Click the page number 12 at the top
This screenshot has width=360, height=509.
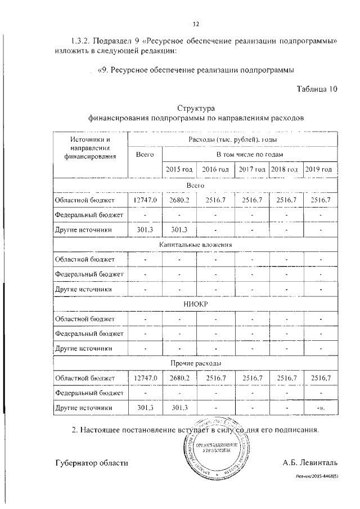[x=196, y=24]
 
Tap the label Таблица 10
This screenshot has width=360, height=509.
[x=316, y=89]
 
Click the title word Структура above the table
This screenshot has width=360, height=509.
[x=196, y=109]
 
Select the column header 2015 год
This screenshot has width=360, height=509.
[x=179, y=169]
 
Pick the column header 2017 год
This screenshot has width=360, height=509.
[x=251, y=169]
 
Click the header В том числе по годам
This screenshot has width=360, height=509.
[x=250, y=154]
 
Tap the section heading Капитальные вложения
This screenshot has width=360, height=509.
[x=195, y=245]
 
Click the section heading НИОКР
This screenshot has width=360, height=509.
[x=195, y=304]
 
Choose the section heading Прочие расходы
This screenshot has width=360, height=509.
[x=195, y=363]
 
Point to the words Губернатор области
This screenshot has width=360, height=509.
[x=92, y=463]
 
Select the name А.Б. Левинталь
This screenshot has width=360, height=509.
[x=309, y=463]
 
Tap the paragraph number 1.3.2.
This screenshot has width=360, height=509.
[x=83, y=42]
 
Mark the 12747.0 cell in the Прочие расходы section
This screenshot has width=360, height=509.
[x=145, y=377]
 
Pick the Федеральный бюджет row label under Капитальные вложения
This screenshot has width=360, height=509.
[x=88, y=274]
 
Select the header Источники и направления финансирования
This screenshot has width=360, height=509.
[x=90, y=148]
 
